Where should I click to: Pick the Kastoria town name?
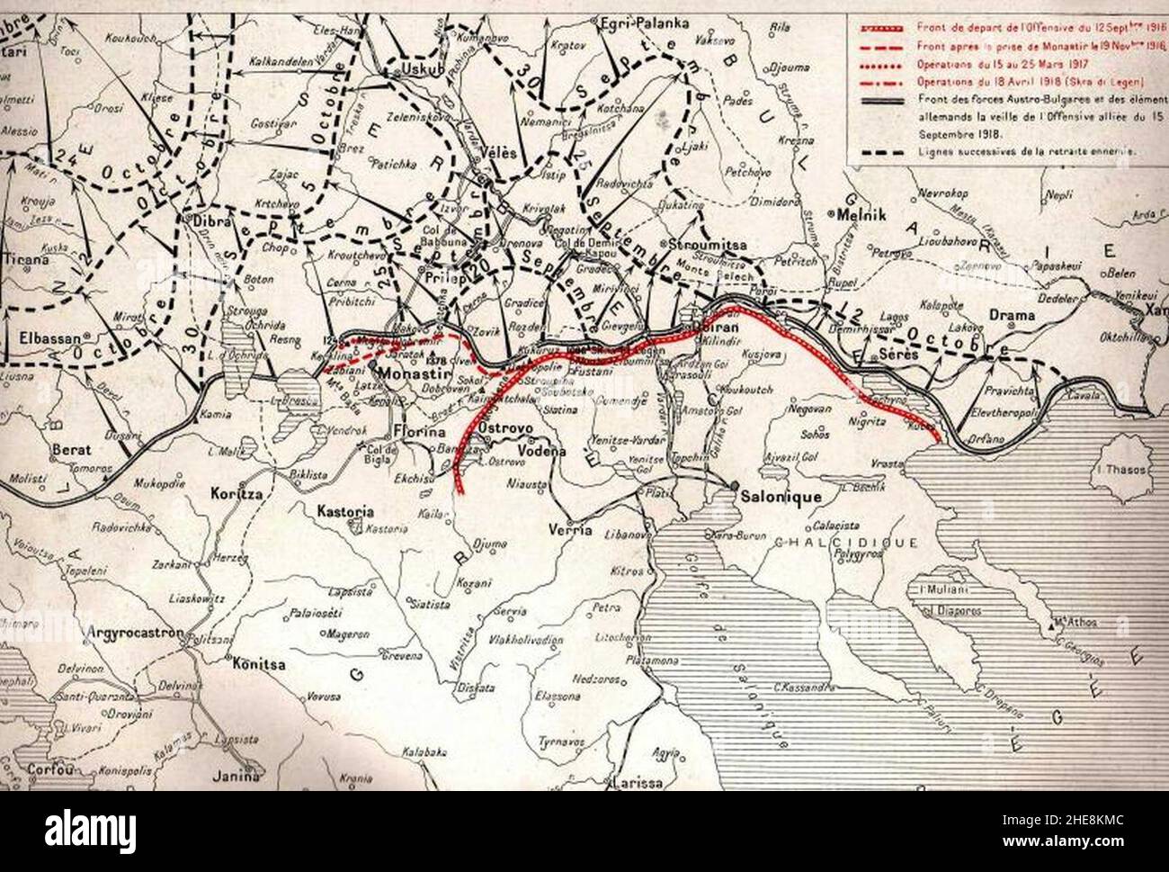[x=346, y=511]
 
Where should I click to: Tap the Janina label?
[x=237, y=773]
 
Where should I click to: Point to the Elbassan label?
[x=47, y=340]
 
